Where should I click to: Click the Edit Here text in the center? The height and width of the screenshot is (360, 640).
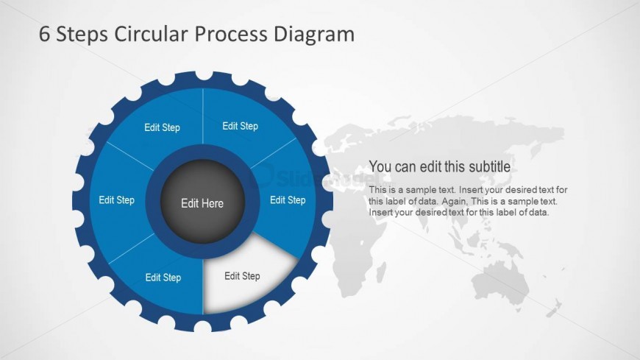pyautogui.click(x=202, y=203)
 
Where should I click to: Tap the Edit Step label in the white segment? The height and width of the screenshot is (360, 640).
pyautogui.click(x=242, y=276)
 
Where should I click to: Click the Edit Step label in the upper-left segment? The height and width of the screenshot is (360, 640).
pyautogui.click(x=162, y=127)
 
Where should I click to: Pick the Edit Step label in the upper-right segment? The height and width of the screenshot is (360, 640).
pyautogui.click(x=240, y=126)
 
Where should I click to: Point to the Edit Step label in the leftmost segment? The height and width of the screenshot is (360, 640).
pyautogui.click(x=117, y=200)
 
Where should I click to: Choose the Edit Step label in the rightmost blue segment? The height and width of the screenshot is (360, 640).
pyautogui.click(x=288, y=200)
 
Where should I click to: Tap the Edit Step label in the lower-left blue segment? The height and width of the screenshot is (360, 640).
pyautogui.click(x=163, y=278)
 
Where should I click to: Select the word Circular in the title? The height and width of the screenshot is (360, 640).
pyautogui.click(x=152, y=35)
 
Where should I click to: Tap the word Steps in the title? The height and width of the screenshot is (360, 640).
pyautogui.click(x=82, y=35)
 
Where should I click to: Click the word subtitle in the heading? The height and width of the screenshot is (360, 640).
pyautogui.click(x=486, y=166)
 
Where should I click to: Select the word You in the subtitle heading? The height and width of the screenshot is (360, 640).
pyautogui.click(x=380, y=166)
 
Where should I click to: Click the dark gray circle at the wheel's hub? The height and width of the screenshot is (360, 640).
pyautogui.click(x=202, y=184)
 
